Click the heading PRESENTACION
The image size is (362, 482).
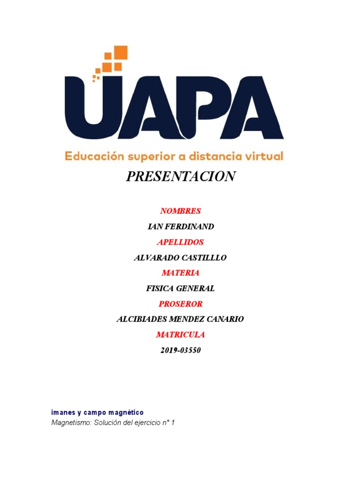[181, 177]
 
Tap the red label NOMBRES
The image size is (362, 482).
[181, 211]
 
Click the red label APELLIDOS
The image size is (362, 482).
[181, 242]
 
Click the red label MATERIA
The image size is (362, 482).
[181, 273]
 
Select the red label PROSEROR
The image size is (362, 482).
[181, 304]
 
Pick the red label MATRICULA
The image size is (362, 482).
[181, 335]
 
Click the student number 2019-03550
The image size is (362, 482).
[181, 350]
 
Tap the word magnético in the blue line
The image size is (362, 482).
[126, 412]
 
